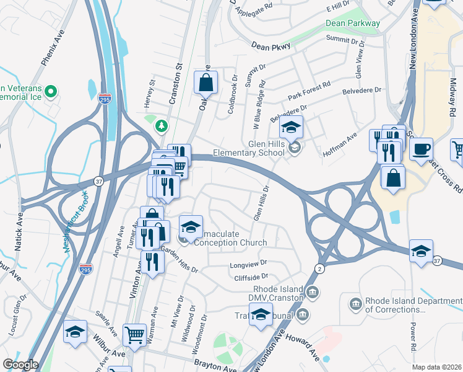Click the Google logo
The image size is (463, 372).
pyautogui.click(x=20, y=365)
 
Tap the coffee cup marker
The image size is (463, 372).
pyautogui.click(x=422, y=149)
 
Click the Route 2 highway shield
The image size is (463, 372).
pyautogui.click(x=318, y=267)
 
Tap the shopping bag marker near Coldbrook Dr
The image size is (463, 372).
pyautogui.click(x=206, y=82)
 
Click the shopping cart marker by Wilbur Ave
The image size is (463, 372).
pyautogui.click(x=134, y=335)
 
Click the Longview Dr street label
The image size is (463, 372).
pyautogui.click(x=248, y=263)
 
